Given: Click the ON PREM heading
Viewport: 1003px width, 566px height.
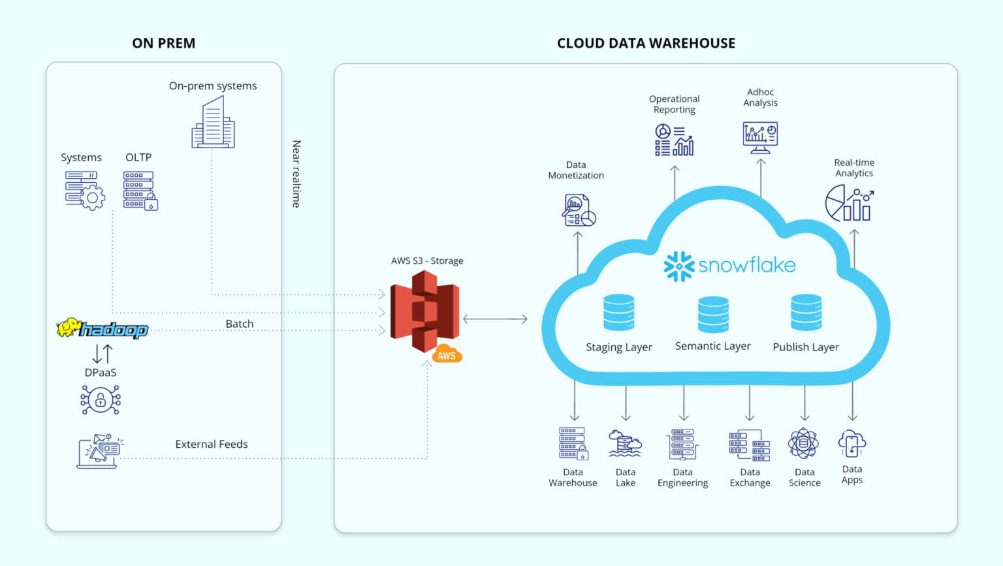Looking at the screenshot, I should click(x=163, y=43).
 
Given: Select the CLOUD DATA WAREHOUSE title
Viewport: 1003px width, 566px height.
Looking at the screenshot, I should click(x=646, y=43).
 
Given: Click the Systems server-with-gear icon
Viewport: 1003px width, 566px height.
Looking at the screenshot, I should click(x=84, y=190).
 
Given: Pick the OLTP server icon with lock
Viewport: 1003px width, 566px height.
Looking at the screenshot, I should click(x=140, y=191).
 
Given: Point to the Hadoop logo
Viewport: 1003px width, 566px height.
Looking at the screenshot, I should click(x=103, y=328).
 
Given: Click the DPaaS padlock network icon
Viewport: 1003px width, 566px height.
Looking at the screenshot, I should click(x=101, y=400).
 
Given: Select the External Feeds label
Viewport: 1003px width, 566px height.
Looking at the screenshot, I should click(x=212, y=444).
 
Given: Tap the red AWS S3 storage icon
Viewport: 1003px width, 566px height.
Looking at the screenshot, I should click(x=424, y=311).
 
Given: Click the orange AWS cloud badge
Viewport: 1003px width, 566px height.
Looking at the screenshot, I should click(x=447, y=354).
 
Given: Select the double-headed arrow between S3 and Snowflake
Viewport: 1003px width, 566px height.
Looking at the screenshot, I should click(x=495, y=319).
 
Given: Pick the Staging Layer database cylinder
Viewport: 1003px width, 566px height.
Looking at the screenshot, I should click(x=618, y=313).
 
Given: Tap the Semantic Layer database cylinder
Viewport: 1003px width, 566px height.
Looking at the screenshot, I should click(x=713, y=315).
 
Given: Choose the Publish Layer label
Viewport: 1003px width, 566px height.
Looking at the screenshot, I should click(x=805, y=347).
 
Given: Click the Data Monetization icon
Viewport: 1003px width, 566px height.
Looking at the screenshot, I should click(x=579, y=210).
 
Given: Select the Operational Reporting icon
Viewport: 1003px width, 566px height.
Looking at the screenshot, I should click(x=674, y=140).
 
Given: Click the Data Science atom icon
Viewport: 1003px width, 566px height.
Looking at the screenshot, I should click(x=803, y=444).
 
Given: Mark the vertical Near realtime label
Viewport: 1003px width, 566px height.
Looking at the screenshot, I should click(x=296, y=174).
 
